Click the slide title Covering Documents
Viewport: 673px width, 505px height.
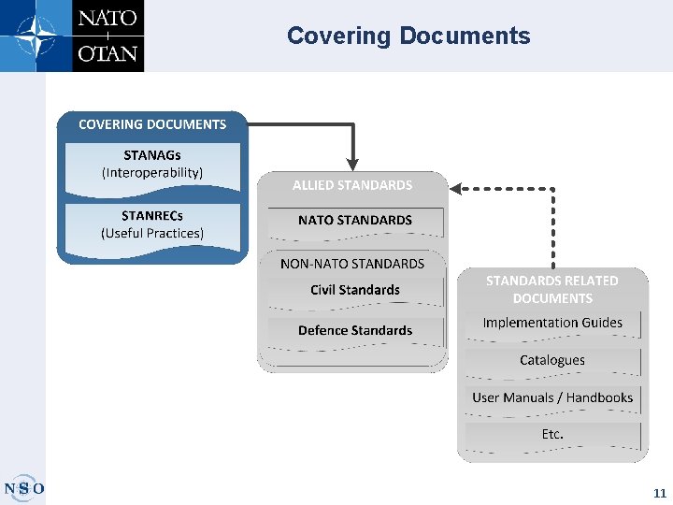(x=408, y=36)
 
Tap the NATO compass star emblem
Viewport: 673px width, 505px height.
(x=35, y=35)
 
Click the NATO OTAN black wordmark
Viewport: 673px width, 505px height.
(x=107, y=36)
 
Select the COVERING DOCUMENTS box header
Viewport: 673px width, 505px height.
(x=152, y=124)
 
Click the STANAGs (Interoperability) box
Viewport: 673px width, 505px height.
(x=152, y=165)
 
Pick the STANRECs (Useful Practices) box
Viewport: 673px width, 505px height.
(x=152, y=224)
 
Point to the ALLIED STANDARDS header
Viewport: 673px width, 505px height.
(x=352, y=185)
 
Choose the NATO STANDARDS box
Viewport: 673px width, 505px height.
(x=355, y=221)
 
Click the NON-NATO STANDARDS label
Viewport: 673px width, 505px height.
(x=352, y=264)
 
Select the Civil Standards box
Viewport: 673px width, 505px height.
(x=355, y=291)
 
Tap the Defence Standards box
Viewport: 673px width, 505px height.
(x=355, y=331)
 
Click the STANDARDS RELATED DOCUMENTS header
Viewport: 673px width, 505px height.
(x=551, y=289)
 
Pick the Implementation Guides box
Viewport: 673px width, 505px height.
(x=552, y=324)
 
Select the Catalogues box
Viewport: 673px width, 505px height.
(x=552, y=361)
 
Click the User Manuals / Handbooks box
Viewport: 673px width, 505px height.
(x=552, y=398)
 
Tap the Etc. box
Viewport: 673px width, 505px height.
(x=552, y=435)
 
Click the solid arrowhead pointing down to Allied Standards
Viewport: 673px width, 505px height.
(x=352, y=161)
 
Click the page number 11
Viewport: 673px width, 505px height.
(x=660, y=493)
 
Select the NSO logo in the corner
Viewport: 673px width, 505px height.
(x=24, y=488)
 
